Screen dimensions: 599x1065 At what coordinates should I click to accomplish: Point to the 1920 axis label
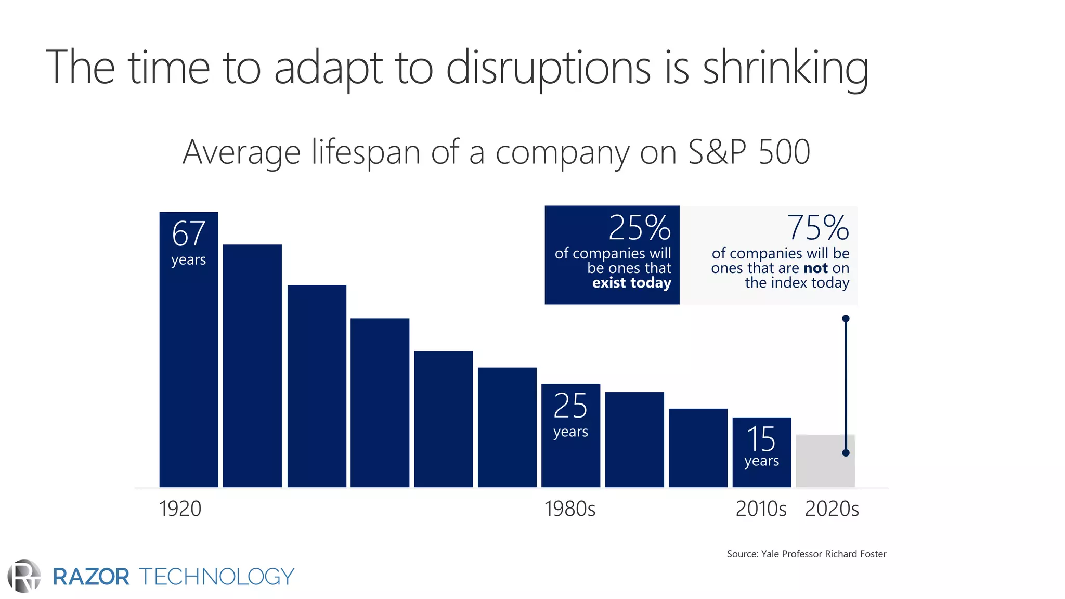click(x=180, y=509)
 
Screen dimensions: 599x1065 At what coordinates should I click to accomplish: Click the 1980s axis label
click(x=570, y=509)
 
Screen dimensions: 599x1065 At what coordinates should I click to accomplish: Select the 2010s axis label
click(x=761, y=509)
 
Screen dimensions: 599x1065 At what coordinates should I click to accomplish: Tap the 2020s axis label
click(x=832, y=509)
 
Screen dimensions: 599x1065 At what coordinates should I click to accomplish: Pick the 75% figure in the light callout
click(x=817, y=228)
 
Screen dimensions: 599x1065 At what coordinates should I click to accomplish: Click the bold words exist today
click(x=631, y=283)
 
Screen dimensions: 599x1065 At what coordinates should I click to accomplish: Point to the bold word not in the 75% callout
click(x=815, y=268)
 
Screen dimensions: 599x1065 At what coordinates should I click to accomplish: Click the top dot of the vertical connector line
click(x=846, y=318)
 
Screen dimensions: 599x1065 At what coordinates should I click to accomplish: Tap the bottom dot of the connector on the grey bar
click(x=846, y=453)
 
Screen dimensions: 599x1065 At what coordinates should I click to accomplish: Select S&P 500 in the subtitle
click(x=749, y=152)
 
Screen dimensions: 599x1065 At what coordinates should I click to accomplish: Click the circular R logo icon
click(x=24, y=576)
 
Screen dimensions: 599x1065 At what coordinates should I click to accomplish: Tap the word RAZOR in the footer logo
click(x=91, y=577)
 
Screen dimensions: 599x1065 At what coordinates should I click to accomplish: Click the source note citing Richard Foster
click(x=806, y=554)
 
